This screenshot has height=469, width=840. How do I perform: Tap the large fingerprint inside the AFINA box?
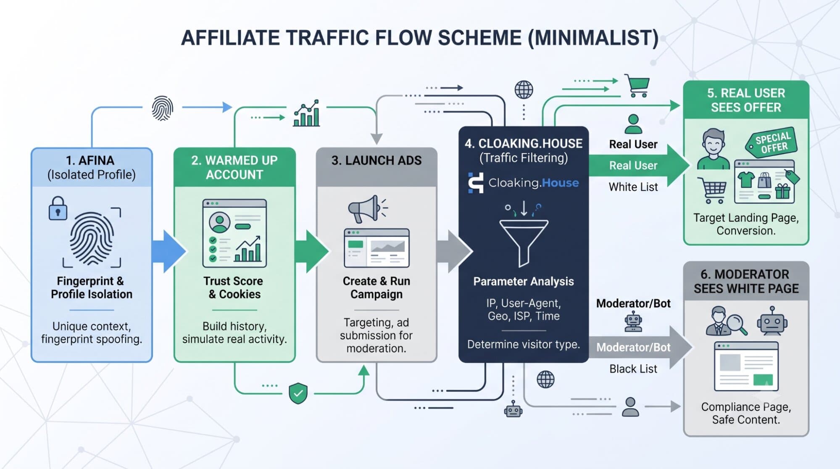[92, 238]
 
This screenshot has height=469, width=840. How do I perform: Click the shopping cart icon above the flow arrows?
[637, 86]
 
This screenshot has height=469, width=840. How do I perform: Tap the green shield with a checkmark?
[298, 393]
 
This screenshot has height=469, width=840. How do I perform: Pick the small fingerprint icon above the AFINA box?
[162, 108]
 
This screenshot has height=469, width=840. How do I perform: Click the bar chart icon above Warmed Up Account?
[307, 113]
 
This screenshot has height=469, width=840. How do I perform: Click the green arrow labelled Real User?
[639, 166]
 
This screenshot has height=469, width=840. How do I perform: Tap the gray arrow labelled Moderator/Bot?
[640, 347]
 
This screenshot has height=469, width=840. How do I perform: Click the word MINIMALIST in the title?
[593, 38]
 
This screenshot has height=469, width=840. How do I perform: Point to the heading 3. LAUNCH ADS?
[377, 161]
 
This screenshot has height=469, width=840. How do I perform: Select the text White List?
[633, 187]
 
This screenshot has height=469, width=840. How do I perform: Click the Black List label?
[633, 369]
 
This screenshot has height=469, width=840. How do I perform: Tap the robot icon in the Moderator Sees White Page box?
[772, 321]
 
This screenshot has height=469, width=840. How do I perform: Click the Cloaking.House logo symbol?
[476, 183]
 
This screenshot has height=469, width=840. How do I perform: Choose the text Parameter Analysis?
[524, 282]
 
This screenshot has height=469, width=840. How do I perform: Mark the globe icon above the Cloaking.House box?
[524, 90]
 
